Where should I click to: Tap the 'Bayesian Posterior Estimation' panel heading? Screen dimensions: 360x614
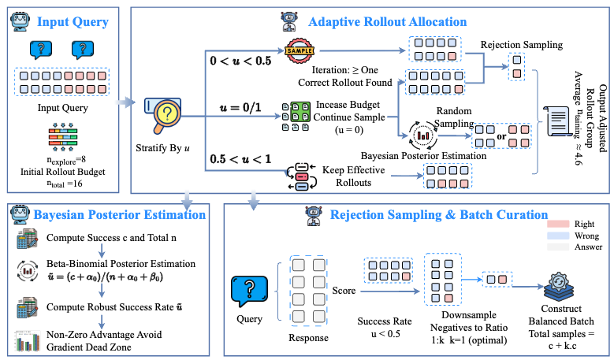point(121,214)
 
